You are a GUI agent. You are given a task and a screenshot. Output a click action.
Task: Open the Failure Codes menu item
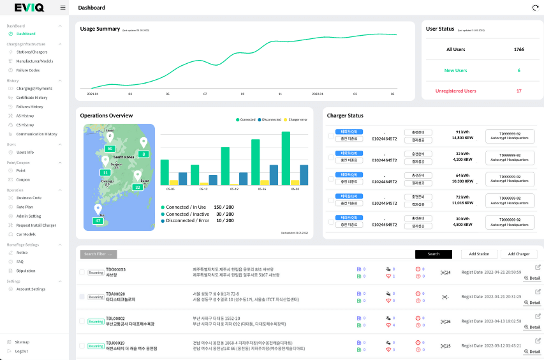pyautogui.click(x=27, y=70)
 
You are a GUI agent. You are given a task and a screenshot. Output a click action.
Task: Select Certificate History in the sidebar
pyautogui.click(x=31, y=98)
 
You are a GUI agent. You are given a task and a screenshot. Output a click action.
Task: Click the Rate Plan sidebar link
pyautogui.click(x=25, y=207)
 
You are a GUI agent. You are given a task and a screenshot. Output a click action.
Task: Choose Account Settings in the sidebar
pyautogui.click(x=31, y=289)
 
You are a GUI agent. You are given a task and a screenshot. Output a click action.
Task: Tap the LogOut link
pyautogui.click(x=22, y=351)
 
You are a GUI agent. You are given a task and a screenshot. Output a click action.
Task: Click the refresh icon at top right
pyautogui.click(x=534, y=8)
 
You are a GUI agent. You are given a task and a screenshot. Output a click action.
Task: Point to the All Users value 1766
pyautogui.click(x=518, y=49)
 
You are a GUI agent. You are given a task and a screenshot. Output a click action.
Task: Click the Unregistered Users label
pyautogui.click(x=455, y=91)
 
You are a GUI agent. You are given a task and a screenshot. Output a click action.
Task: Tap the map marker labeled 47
pyautogui.click(x=98, y=220)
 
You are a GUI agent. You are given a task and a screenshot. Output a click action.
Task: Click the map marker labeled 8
pyautogui.click(x=143, y=154)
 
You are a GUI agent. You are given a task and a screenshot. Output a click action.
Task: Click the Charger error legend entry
pyautogui.click(x=295, y=119)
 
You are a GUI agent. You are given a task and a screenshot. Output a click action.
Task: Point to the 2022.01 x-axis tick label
pyautogui.click(x=317, y=93)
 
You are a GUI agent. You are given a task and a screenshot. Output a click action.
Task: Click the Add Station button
pyautogui.click(x=479, y=254)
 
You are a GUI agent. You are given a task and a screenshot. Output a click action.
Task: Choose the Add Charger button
pyautogui.click(x=518, y=254)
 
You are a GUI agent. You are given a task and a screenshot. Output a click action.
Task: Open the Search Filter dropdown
pyautogui.click(x=98, y=254)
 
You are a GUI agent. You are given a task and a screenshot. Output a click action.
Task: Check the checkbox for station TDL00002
pyautogui.click(x=82, y=321)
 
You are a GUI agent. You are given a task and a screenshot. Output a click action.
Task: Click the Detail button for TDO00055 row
pyautogui.click(x=532, y=278)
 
